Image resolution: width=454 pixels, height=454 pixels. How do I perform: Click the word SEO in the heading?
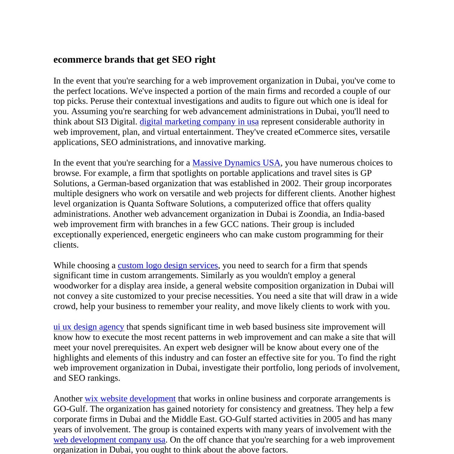182,60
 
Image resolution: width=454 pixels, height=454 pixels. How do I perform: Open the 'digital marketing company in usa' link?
199,122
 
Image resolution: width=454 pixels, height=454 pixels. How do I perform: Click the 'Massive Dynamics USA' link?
236,163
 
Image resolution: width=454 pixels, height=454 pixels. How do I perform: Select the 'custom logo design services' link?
168,265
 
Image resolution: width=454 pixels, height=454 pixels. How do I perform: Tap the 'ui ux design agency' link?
89,327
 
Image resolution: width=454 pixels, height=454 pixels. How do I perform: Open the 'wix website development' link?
130,399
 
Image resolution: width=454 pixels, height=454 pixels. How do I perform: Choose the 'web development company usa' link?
109,440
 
